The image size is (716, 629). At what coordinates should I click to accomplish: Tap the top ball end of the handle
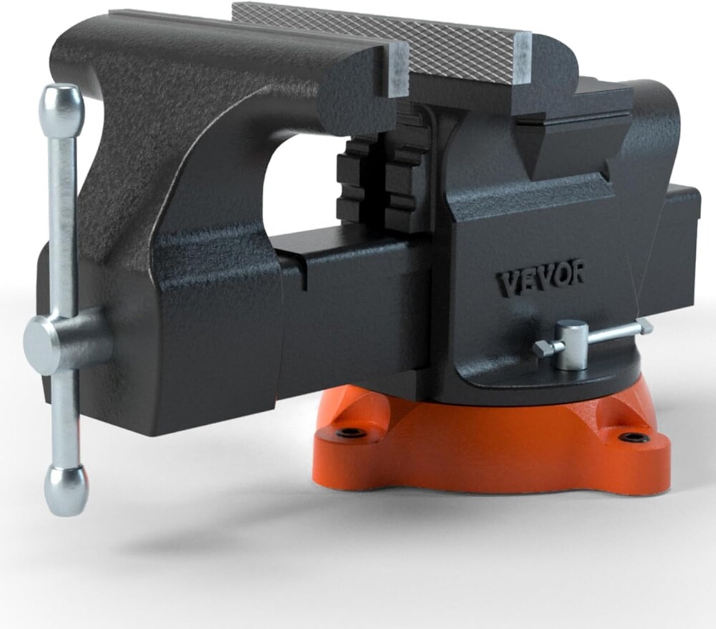[62, 107]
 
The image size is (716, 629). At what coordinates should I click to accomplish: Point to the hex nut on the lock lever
[541, 350]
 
